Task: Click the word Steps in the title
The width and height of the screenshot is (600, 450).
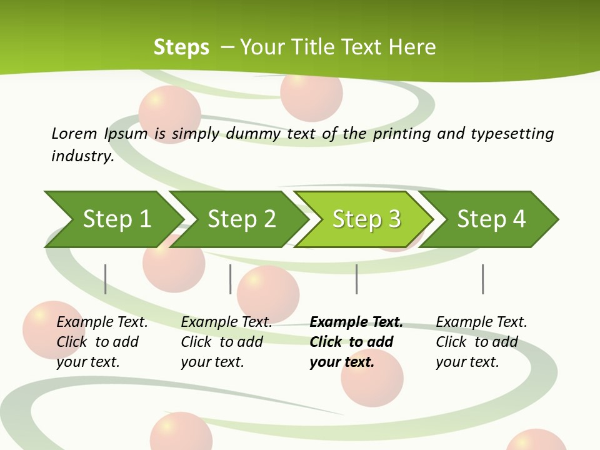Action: pyautogui.click(x=181, y=47)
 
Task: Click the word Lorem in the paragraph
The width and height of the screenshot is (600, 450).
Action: pyautogui.click(x=74, y=133)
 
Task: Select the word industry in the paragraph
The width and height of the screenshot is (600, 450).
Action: pyautogui.click(x=82, y=156)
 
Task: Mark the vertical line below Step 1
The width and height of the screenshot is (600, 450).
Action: pyautogui.click(x=106, y=279)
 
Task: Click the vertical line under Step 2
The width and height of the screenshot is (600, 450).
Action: pyautogui.click(x=231, y=279)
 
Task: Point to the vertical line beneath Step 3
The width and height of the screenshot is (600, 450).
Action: pyautogui.click(x=357, y=279)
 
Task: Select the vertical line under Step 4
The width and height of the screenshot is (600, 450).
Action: pyautogui.click(x=483, y=279)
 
